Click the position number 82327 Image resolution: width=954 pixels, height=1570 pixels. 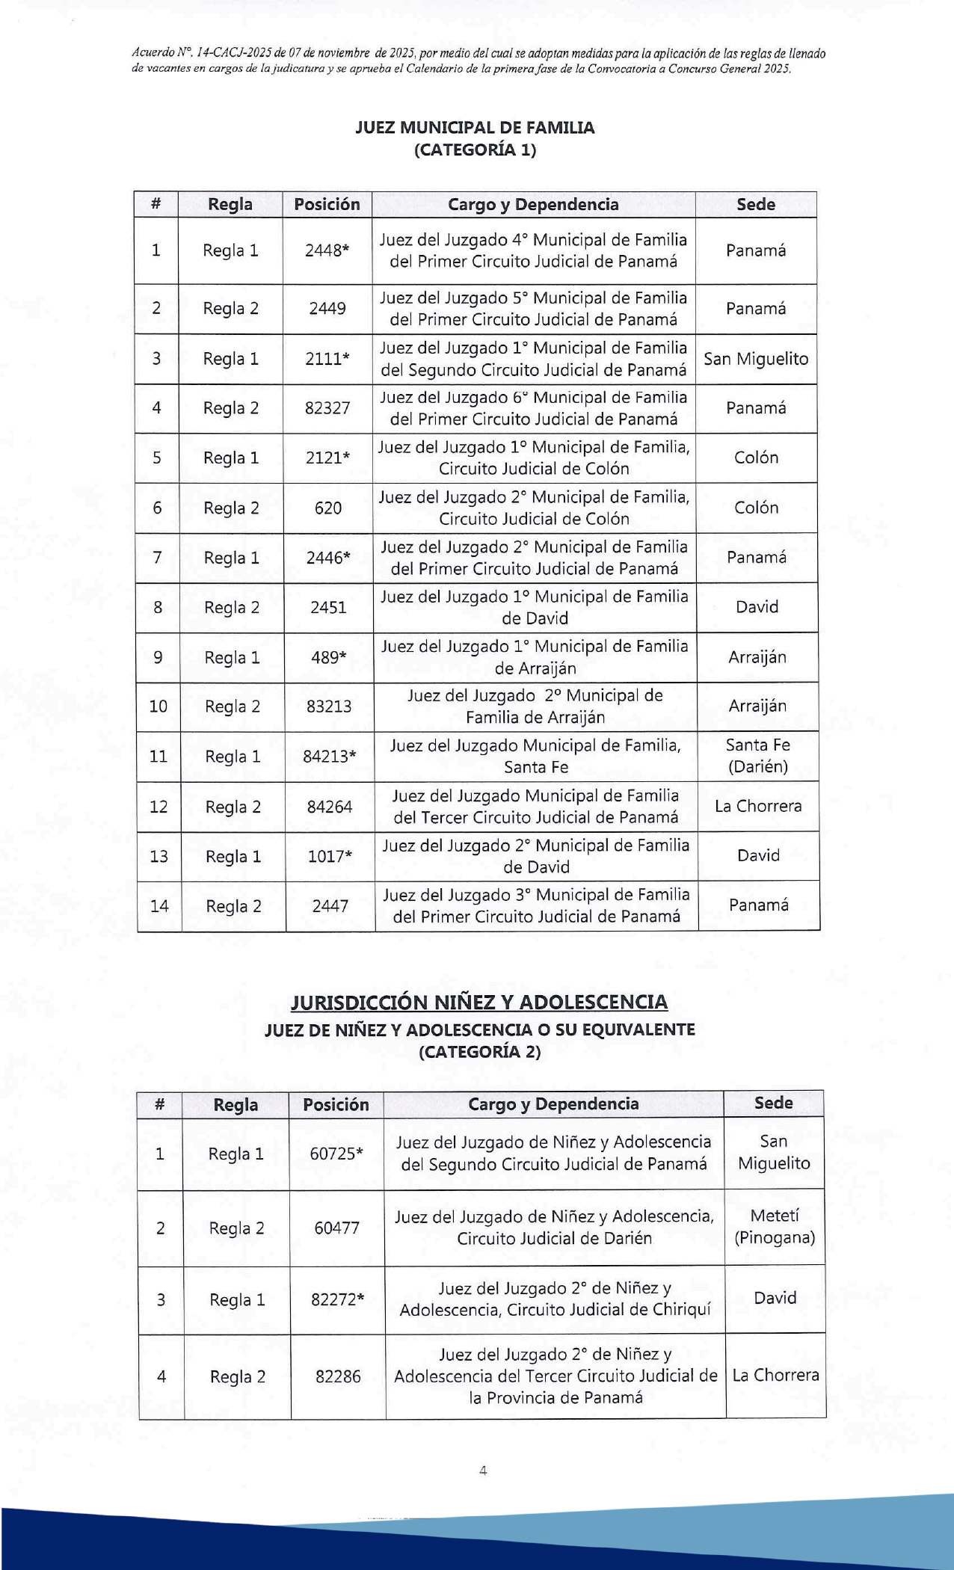pyautogui.click(x=327, y=408)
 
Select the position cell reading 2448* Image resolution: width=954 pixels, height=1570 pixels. pyautogui.click(x=327, y=250)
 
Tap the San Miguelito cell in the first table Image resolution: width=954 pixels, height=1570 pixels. pyautogui.click(x=756, y=359)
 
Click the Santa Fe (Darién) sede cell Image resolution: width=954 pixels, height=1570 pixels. pyautogui.click(x=758, y=756)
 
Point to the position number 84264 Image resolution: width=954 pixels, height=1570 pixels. pyautogui.click(x=330, y=807)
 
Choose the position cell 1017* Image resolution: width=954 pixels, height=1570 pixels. pyautogui.click(x=330, y=856)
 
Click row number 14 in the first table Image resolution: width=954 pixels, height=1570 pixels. pyautogui.click(x=159, y=906)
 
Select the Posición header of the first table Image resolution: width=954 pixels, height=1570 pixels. pyautogui.click(x=327, y=204)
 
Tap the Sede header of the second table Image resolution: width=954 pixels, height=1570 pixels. pyautogui.click(x=773, y=1103)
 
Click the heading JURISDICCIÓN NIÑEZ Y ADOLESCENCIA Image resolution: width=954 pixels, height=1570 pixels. pyautogui.click(x=479, y=1002)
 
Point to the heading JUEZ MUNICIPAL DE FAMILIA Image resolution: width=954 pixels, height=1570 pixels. pyautogui.click(x=475, y=127)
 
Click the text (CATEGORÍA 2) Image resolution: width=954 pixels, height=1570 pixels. pyautogui.click(x=479, y=1052)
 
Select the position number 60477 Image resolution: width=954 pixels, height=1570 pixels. pyautogui.click(x=336, y=1228)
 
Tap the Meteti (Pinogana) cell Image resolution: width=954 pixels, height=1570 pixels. pyautogui.click(x=775, y=1226)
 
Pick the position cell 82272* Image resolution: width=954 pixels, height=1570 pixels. pyautogui.click(x=337, y=1299)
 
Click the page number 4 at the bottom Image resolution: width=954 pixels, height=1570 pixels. pyautogui.click(x=483, y=1471)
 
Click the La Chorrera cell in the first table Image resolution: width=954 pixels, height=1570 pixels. pyautogui.click(x=758, y=806)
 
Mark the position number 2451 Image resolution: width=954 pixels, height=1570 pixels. pyautogui.click(x=328, y=607)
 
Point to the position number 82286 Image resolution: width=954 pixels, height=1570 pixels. pyautogui.click(x=338, y=1376)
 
